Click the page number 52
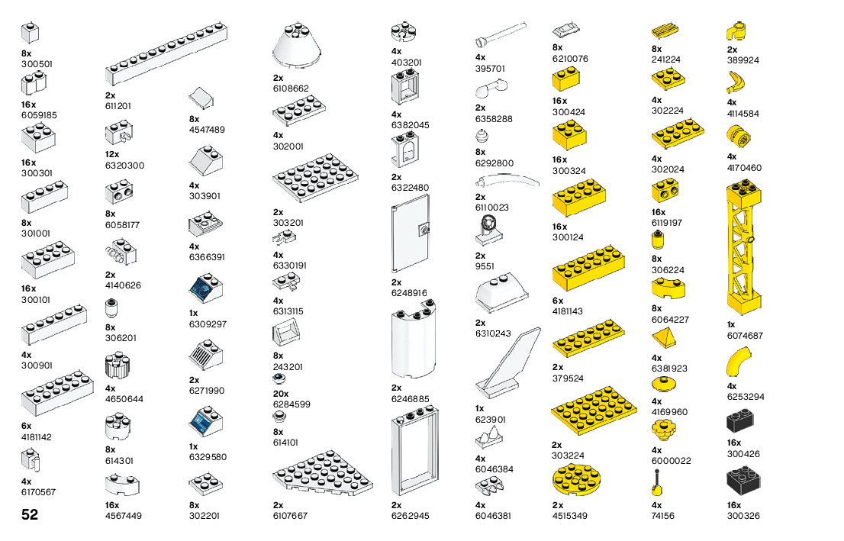(x=30, y=515)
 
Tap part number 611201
(x=118, y=106)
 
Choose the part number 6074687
(x=745, y=335)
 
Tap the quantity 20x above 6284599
(x=282, y=393)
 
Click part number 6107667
(x=290, y=516)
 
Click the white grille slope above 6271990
(x=205, y=356)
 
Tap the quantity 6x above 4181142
(x=27, y=426)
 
